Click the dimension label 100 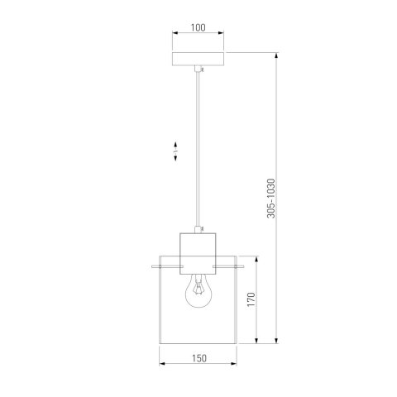point(198,27)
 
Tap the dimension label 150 point(199,358)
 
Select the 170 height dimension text point(251,299)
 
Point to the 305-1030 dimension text point(271,198)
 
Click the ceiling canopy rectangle point(198,59)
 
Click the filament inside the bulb point(198,289)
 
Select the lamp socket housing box point(198,254)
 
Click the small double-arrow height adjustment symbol point(175,151)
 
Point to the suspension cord point(198,149)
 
